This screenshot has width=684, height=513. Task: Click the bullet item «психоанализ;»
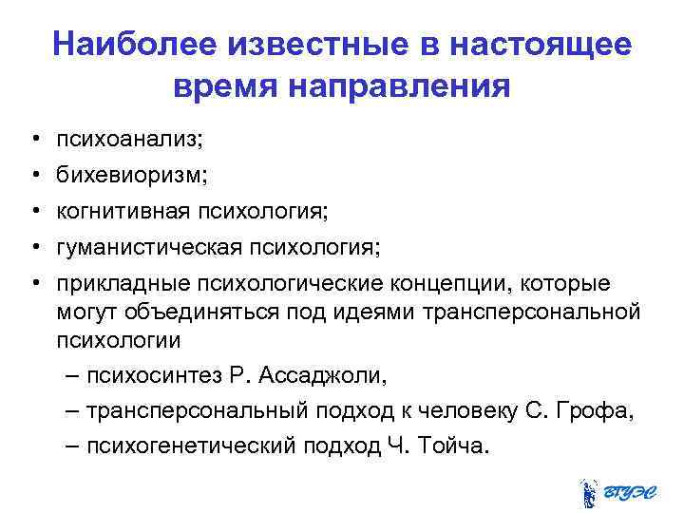[x=129, y=140]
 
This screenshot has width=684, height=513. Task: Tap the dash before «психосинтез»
[x=75, y=375]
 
